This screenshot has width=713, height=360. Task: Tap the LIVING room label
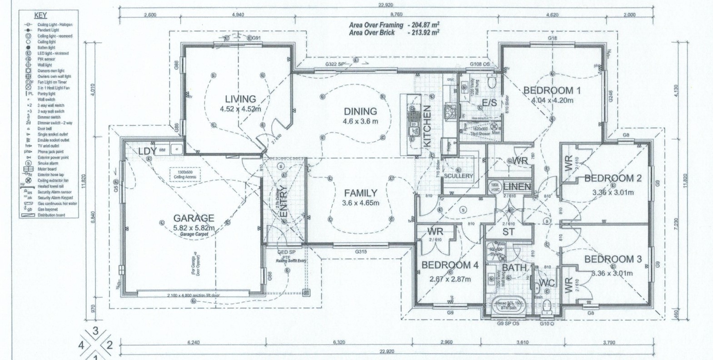pyautogui.click(x=240, y=99)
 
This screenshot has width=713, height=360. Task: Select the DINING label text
pyautogui.click(x=360, y=111)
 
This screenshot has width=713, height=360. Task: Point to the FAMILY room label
pyautogui.click(x=360, y=193)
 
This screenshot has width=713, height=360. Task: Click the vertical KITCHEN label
pyautogui.click(x=427, y=126)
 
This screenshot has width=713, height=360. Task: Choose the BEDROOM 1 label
pyautogui.click(x=552, y=90)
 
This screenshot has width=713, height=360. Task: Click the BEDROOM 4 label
pyautogui.click(x=450, y=265)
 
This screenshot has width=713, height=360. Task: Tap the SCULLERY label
pyautogui.click(x=459, y=176)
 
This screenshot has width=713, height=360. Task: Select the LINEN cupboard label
pyautogui.click(x=517, y=186)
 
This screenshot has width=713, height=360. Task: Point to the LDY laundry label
pyautogui.click(x=147, y=150)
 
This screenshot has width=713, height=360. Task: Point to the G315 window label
pyautogui.click(x=361, y=251)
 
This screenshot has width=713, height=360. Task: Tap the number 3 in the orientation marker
pyautogui.click(x=95, y=331)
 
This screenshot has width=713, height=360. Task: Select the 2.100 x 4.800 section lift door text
pyautogui.click(x=193, y=295)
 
